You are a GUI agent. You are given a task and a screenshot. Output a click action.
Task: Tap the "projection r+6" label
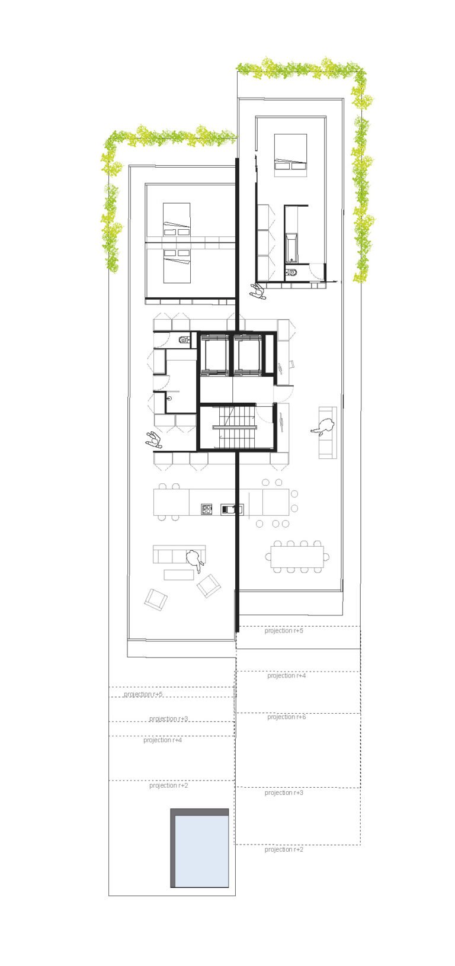click(x=286, y=717)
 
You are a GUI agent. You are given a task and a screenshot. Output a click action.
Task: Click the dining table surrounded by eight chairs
click(x=297, y=557)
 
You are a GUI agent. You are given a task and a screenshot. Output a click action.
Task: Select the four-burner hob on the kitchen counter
click(x=207, y=509)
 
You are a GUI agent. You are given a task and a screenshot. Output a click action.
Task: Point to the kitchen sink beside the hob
click(x=232, y=509)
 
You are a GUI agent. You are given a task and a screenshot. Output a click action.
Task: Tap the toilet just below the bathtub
click(x=292, y=272)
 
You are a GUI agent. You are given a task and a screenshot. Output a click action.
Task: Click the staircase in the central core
click(x=235, y=427)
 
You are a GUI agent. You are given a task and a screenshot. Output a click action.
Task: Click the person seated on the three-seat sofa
click(x=194, y=560)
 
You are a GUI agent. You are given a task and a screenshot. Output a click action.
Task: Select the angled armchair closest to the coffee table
click(x=209, y=586)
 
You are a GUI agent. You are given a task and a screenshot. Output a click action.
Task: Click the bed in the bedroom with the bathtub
click(x=291, y=155)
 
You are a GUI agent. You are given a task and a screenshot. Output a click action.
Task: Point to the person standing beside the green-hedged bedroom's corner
click(x=258, y=292)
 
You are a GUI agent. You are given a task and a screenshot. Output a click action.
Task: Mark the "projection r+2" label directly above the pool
click(x=169, y=785)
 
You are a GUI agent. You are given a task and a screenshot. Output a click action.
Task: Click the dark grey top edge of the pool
click(x=199, y=812)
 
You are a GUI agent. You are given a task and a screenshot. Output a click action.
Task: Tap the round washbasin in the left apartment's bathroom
click(x=169, y=399)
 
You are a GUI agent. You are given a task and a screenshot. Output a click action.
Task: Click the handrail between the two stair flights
click(x=235, y=428)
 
